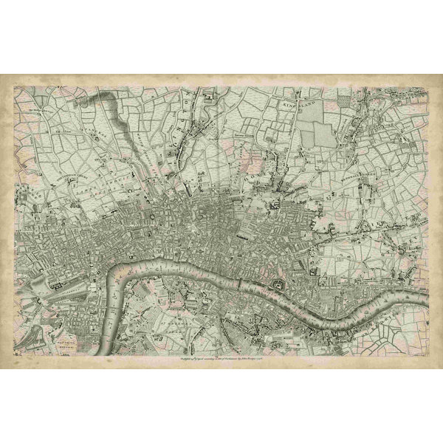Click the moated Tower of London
(x=279, y=286)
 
